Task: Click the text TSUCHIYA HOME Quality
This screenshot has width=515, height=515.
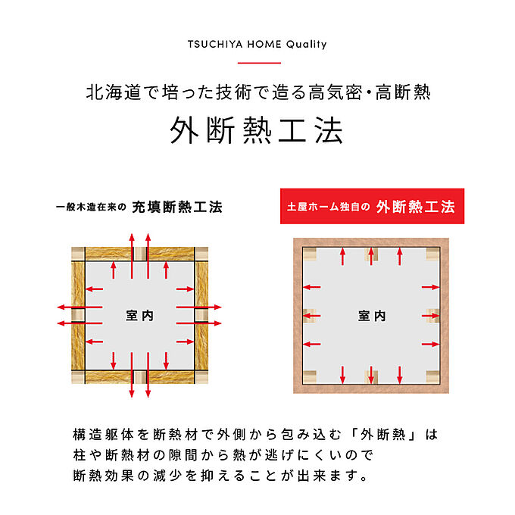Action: coord(257,45)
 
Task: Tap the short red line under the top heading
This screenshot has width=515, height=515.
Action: coord(259,62)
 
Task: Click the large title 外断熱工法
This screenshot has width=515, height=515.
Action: coord(257,130)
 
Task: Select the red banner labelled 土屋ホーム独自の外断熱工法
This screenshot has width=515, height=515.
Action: coord(372,206)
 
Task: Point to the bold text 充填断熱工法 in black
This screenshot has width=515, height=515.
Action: coord(177,207)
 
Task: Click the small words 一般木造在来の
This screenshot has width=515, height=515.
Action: coord(91,207)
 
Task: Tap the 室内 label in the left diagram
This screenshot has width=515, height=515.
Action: coord(139,316)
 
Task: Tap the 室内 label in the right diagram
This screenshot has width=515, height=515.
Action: coord(372,316)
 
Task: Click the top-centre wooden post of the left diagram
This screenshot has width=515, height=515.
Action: coord(140,254)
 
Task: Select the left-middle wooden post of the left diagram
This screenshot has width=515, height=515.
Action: coord(78,315)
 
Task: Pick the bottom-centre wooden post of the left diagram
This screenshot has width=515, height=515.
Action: coord(140,376)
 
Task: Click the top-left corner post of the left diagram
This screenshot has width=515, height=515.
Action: coord(78,254)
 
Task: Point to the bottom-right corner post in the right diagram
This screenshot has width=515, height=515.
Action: coord(433,377)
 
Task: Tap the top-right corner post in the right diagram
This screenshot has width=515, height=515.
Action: coord(433,254)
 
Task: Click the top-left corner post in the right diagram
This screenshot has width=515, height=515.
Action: coord(310,254)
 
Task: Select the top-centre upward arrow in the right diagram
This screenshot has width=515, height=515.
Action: coord(371,256)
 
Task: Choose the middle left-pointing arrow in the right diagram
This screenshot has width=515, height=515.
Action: coord(312,316)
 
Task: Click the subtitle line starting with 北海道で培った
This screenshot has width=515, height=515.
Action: coord(258,92)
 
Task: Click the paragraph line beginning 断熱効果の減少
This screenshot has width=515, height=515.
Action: coord(220,476)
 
